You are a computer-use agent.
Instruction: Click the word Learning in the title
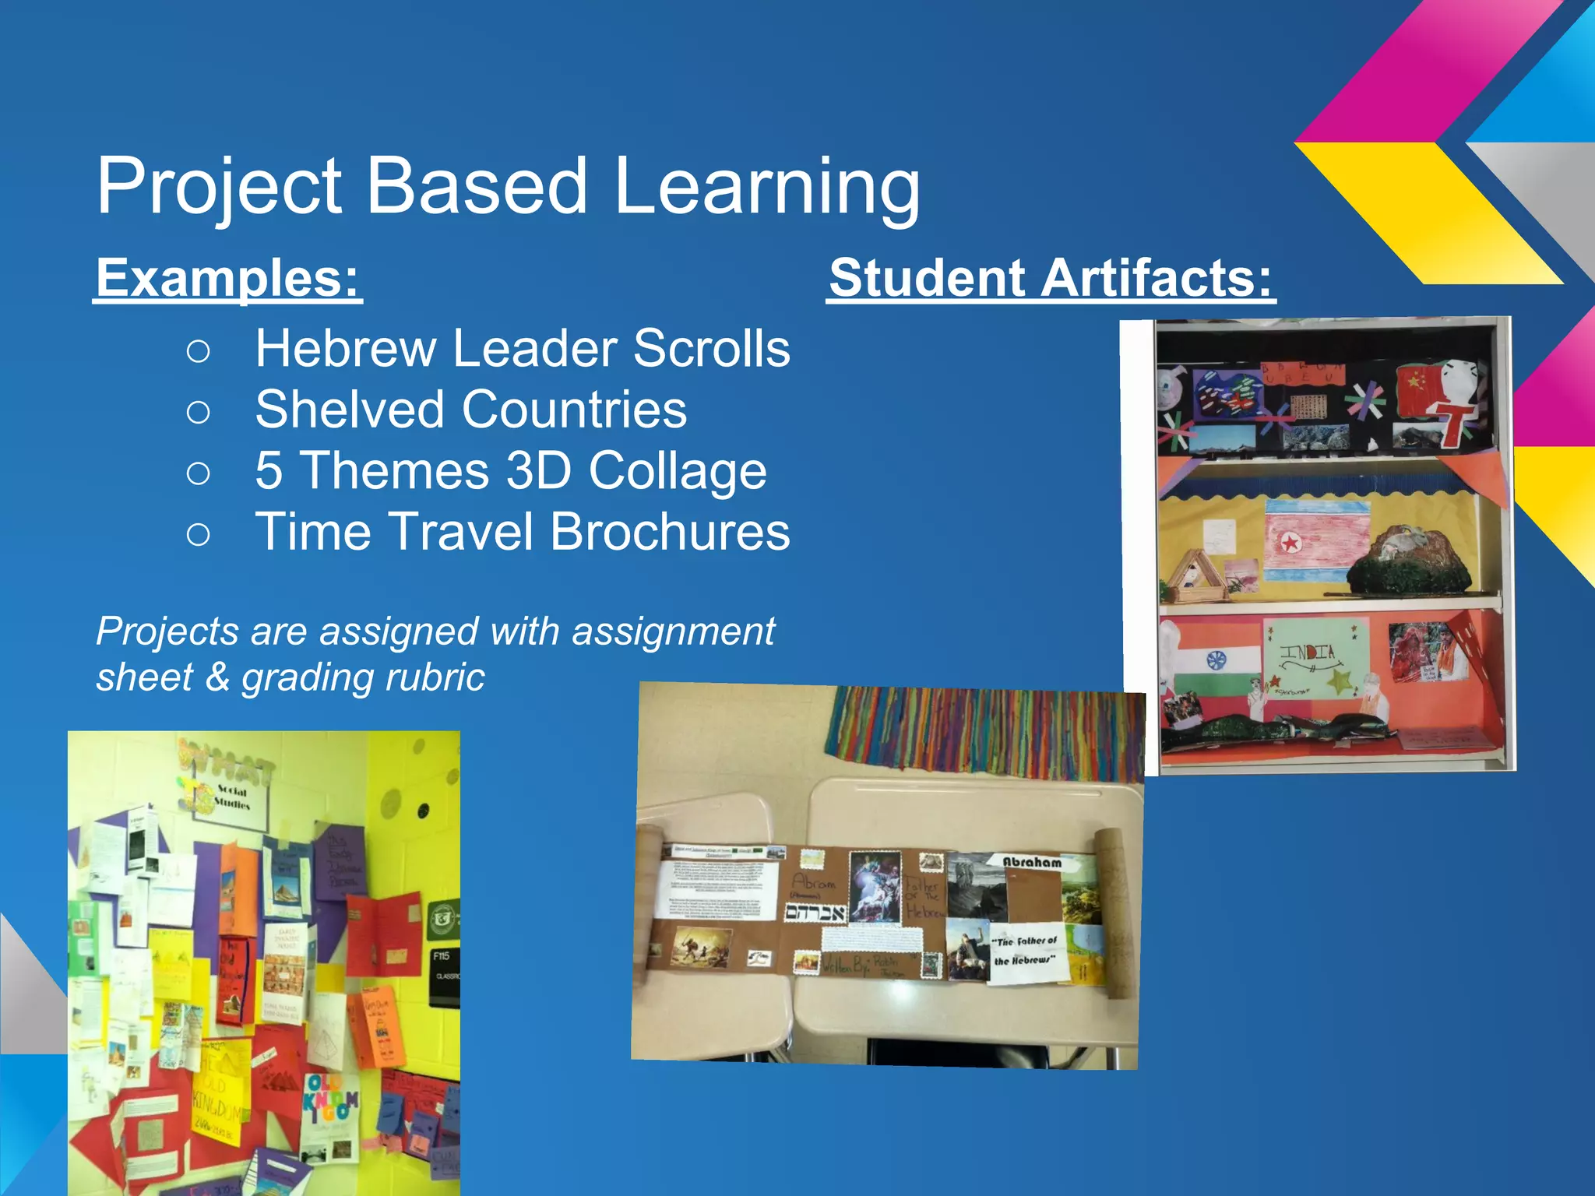click(x=766, y=187)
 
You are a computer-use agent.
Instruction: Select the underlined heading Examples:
click(x=228, y=278)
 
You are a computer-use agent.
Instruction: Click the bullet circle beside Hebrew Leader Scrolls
click(x=199, y=351)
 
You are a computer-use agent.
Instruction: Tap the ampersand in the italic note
click(x=217, y=677)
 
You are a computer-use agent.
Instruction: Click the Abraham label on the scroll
click(x=1031, y=862)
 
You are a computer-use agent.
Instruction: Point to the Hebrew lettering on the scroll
click(x=815, y=912)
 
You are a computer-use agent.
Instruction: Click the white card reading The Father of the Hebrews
click(x=1025, y=952)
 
